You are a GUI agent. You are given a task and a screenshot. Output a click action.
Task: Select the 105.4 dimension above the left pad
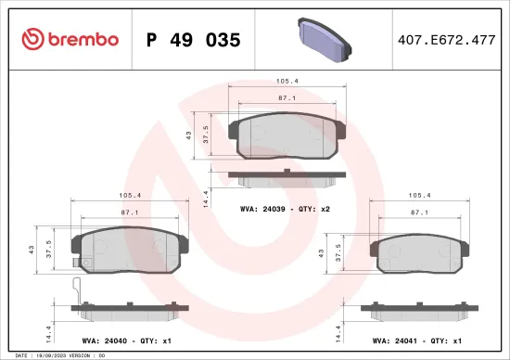click(130, 196)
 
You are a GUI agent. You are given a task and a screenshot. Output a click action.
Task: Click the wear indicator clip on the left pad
click(78, 288)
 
